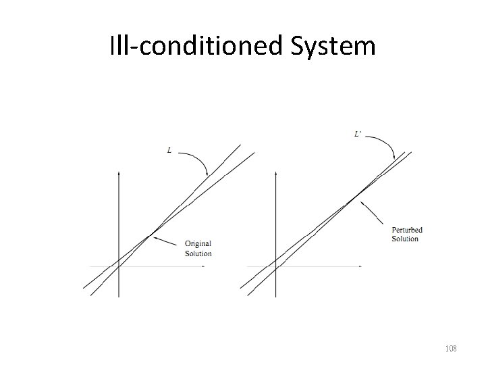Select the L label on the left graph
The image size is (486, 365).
[169, 150]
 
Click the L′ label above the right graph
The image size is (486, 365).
[360, 135]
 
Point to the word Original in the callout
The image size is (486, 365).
[198, 244]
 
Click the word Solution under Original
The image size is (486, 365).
[198, 254]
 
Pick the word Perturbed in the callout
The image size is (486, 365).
[407, 230]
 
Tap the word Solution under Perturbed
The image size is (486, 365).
[405, 239]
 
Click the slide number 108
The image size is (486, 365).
[451, 349]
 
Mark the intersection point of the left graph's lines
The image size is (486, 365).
[151, 235]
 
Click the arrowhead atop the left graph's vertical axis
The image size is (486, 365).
[118, 174]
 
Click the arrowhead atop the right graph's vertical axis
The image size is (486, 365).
[275, 174]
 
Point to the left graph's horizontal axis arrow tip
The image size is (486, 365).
[205, 267]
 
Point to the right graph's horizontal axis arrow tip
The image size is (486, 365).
[360, 267]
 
